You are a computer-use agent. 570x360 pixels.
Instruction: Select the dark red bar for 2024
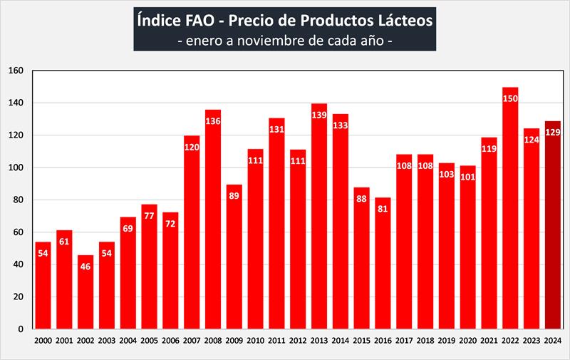click(552, 228)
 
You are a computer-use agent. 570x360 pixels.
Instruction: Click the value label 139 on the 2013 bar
click(319, 115)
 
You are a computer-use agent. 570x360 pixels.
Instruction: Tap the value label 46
click(85, 266)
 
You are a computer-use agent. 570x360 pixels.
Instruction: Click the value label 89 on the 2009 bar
click(234, 196)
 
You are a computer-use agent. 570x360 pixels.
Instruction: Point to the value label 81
click(383, 209)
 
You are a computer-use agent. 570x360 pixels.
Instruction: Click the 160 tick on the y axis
click(16, 71)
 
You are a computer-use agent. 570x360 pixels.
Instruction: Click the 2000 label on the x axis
click(43, 341)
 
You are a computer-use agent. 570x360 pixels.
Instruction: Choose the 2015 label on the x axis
click(361, 341)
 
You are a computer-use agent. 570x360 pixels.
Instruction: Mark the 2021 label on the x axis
click(489, 341)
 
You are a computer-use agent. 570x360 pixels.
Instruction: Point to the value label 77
click(150, 216)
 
